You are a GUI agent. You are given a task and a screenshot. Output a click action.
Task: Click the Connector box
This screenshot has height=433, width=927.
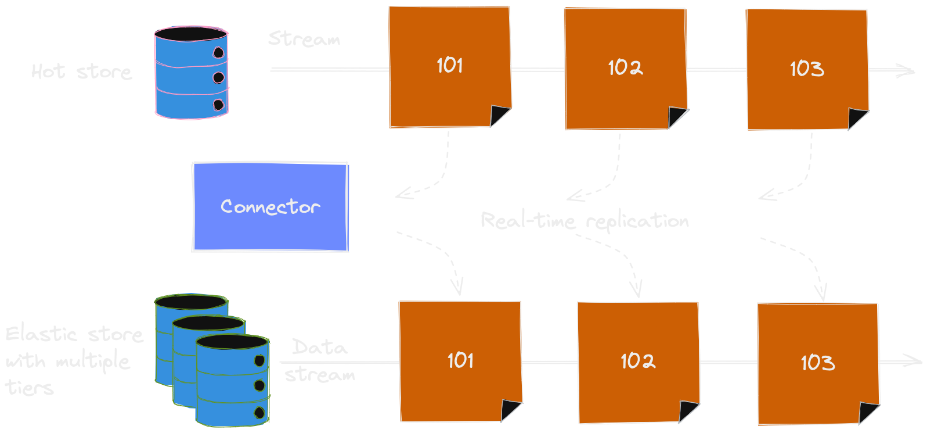270,207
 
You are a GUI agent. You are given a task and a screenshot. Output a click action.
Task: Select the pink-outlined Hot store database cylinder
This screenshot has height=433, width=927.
191,73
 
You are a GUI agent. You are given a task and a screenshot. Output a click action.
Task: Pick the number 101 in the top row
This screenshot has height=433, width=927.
450,65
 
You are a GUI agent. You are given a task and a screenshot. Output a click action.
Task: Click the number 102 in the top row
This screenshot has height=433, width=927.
625,67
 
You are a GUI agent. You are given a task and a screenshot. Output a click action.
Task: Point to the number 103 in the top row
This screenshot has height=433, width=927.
806,69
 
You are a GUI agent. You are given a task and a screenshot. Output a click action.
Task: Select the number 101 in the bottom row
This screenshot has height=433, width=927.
460,360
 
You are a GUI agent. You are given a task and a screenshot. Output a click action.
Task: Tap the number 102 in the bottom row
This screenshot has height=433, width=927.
637,361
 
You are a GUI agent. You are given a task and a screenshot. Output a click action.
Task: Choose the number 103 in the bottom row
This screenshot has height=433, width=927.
817,363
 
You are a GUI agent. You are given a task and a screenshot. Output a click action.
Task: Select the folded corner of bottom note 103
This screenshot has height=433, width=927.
868,413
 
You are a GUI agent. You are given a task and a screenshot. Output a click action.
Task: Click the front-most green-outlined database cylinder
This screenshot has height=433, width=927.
233,381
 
